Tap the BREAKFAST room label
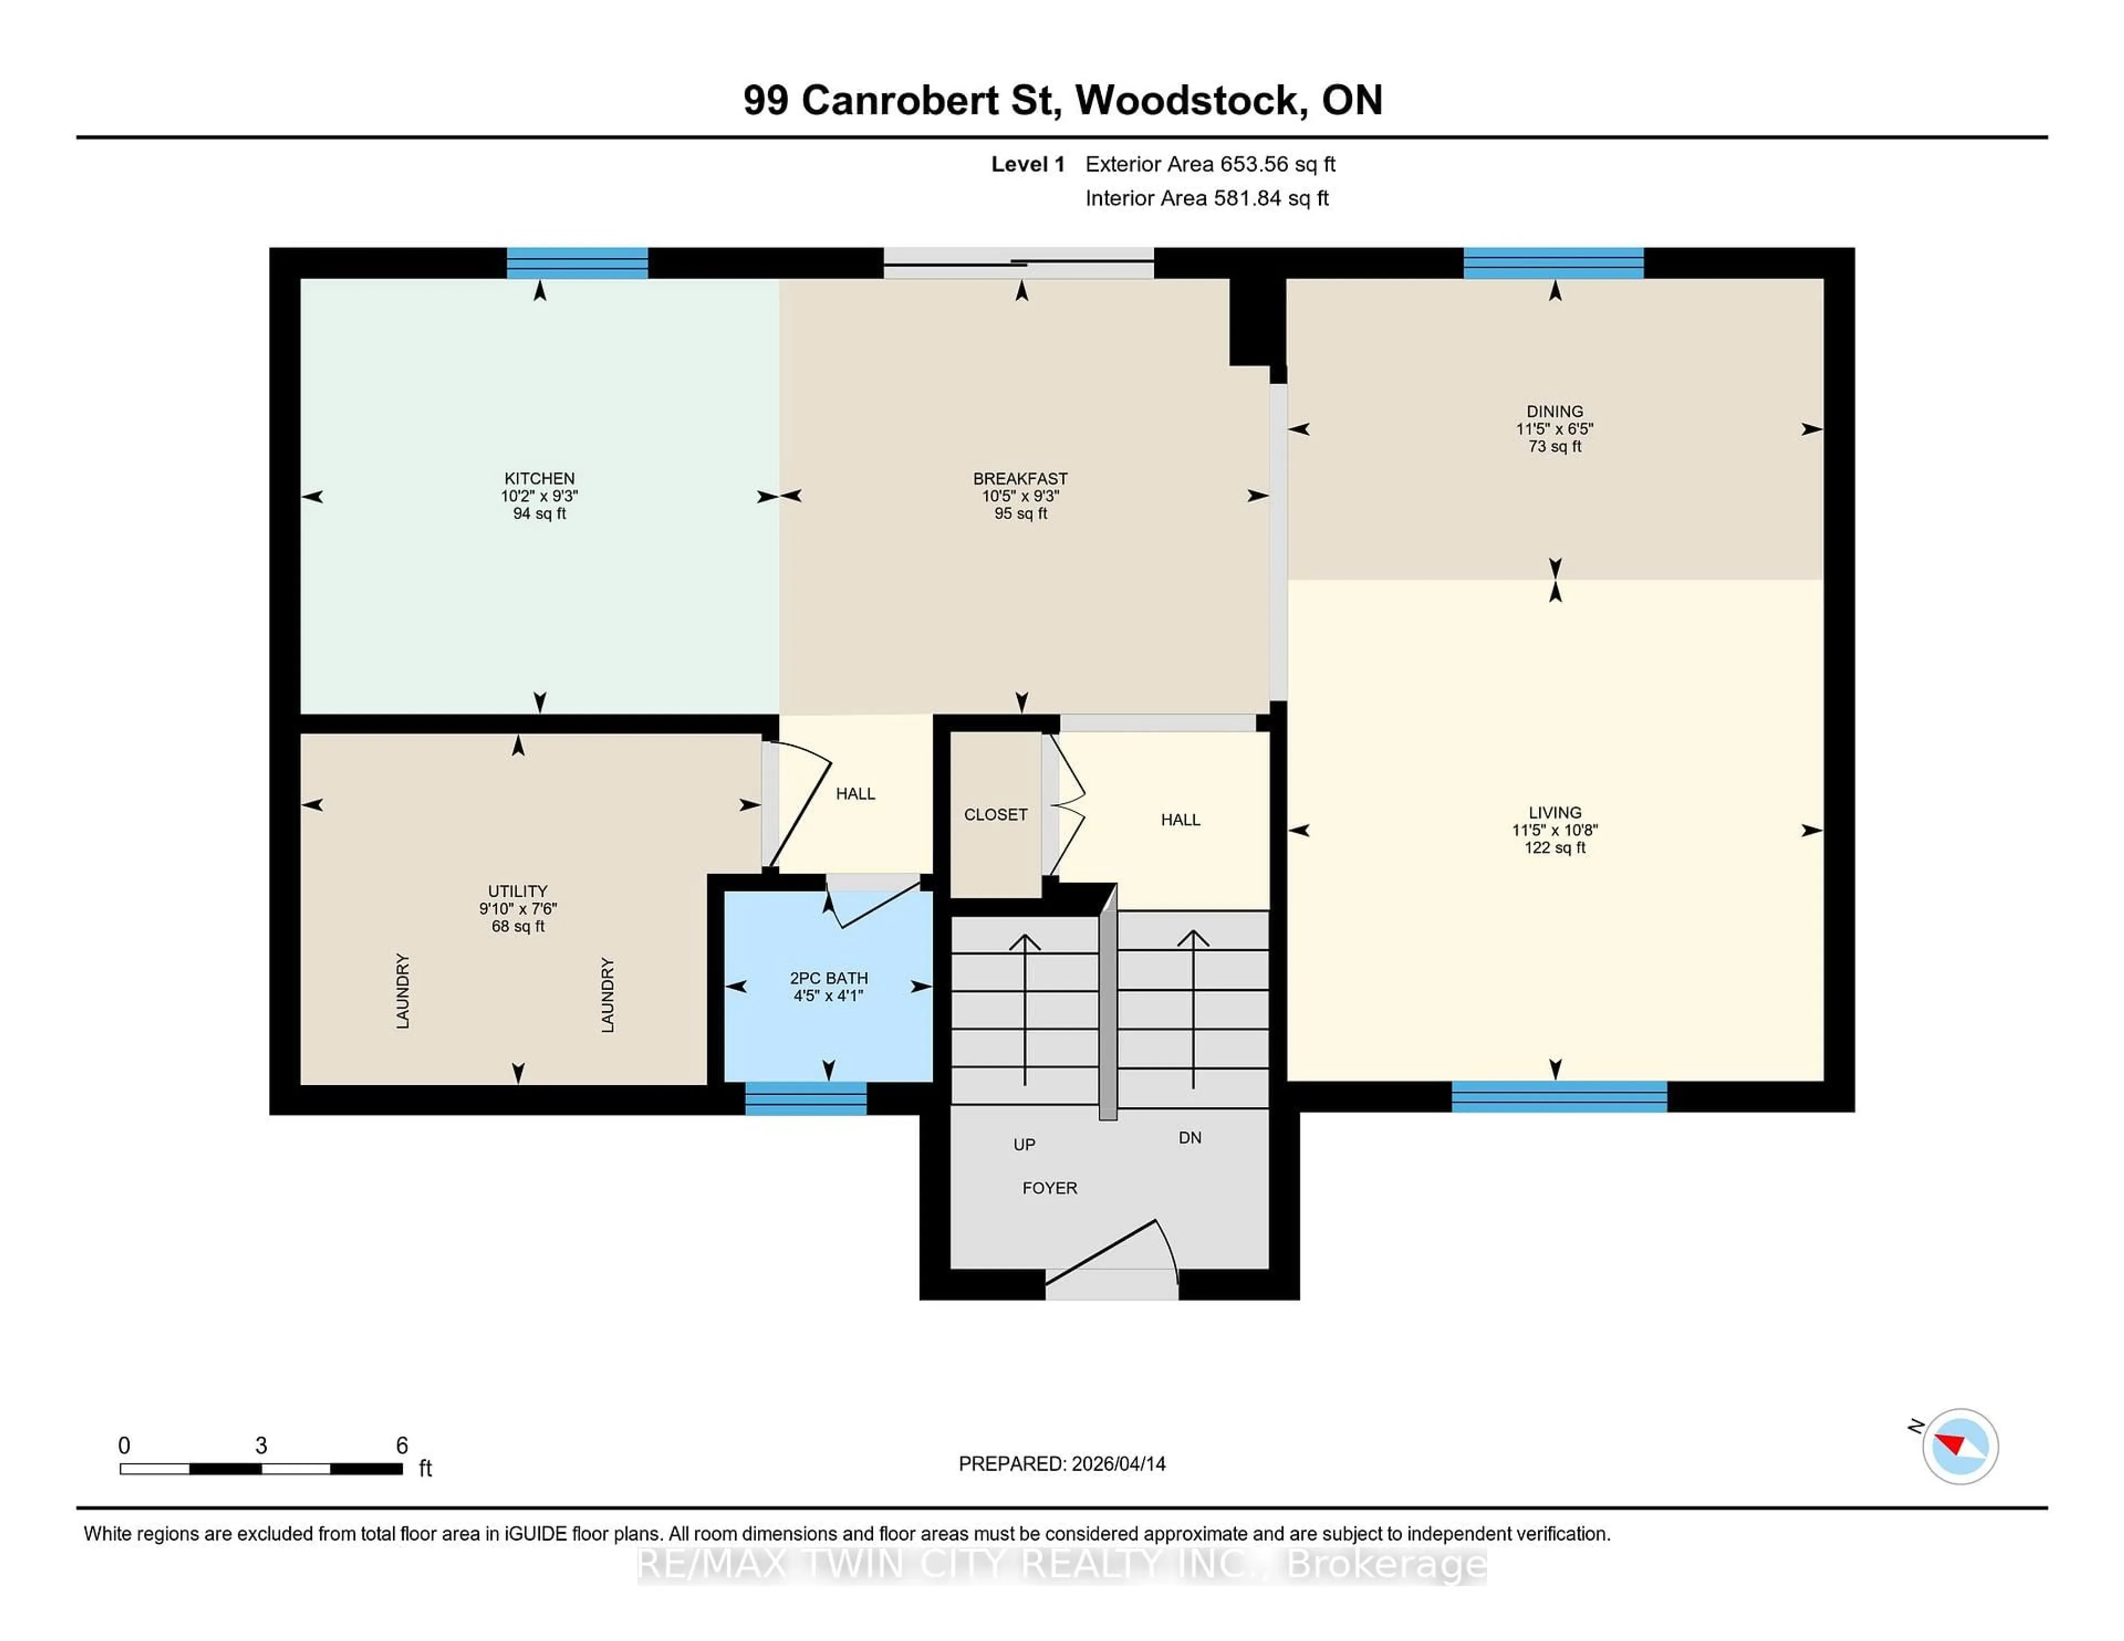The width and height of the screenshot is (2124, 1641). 1020,478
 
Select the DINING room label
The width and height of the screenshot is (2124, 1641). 1554,411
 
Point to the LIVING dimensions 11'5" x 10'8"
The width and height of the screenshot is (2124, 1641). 1554,830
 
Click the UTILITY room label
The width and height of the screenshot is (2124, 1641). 517,891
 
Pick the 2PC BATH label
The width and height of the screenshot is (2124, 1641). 829,978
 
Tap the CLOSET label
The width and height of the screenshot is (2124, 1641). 995,814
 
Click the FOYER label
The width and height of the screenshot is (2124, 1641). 1049,1188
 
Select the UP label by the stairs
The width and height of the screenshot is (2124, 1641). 1024,1145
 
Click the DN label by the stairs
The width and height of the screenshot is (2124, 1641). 1189,1137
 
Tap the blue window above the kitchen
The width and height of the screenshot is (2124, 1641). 577,263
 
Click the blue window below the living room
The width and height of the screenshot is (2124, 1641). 1559,1096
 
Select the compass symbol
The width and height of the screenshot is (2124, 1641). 1960,1446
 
